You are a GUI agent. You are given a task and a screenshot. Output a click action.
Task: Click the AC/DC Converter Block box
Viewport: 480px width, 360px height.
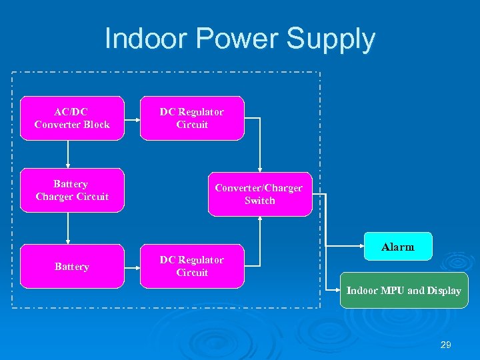(x=72, y=118)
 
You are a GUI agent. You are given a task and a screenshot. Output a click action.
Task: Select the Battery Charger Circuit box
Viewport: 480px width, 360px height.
(x=72, y=190)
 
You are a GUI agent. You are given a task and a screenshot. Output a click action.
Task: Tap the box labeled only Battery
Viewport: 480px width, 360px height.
(x=72, y=266)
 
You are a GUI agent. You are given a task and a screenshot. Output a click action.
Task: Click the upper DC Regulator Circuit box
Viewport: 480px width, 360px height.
(x=192, y=118)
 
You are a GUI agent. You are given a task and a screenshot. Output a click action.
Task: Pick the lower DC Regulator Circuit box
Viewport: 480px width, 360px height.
(x=192, y=266)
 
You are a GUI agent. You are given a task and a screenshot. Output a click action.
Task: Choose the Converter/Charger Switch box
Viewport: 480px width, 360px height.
(x=259, y=194)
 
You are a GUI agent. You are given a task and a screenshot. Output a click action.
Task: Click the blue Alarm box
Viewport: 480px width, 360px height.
(x=398, y=246)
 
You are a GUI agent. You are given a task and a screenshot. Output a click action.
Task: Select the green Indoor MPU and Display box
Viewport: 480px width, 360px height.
(x=404, y=290)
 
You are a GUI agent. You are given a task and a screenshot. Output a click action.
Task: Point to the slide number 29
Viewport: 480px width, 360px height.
(x=446, y=345)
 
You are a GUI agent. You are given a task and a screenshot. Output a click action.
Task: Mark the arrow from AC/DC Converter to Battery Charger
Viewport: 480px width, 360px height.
(x=68, y=154)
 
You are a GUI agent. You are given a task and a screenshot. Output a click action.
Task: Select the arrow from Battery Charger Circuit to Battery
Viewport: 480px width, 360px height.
(x=68, y=228)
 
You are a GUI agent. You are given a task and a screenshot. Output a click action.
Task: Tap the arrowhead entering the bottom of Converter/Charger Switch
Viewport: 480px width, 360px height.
(x=259, y=220)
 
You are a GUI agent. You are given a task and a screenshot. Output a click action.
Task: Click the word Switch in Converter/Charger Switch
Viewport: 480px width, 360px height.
(x=259, y=201)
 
